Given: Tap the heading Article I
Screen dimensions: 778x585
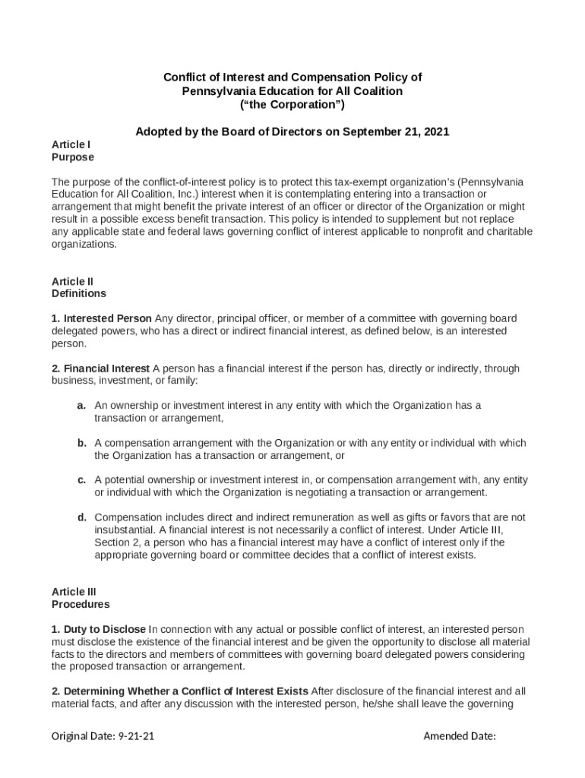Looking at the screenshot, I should click(71, 144).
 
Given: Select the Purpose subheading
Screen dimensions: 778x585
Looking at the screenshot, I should click(73, 157).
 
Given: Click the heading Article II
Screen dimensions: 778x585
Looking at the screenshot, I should click(72, 281).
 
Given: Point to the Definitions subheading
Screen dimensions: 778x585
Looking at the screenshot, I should click(79, 293).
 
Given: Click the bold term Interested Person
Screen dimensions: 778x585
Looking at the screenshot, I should click(108, 318).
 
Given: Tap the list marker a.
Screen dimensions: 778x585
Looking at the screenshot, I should click(81, 406).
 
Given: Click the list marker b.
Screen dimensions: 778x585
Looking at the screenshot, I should click(81, 443).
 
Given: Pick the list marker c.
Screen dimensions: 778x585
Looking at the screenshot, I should click(81, 480).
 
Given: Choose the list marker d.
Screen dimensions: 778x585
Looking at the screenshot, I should click(81, 517).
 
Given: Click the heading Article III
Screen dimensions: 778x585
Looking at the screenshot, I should click(74, 592).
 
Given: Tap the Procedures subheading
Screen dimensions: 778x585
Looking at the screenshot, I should click(81, 605).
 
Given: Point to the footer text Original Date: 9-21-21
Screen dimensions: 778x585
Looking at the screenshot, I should click(103, 736).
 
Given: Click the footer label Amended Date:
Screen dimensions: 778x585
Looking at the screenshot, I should click(460, 736).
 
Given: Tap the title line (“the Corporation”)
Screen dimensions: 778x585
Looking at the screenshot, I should click(292, 104).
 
